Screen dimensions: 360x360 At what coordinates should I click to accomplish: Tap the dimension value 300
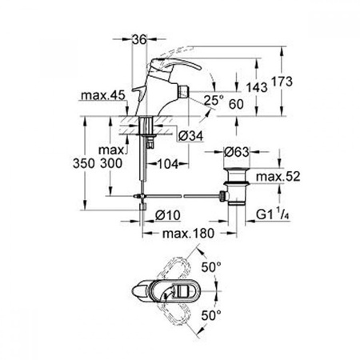click(x=114, y=162)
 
